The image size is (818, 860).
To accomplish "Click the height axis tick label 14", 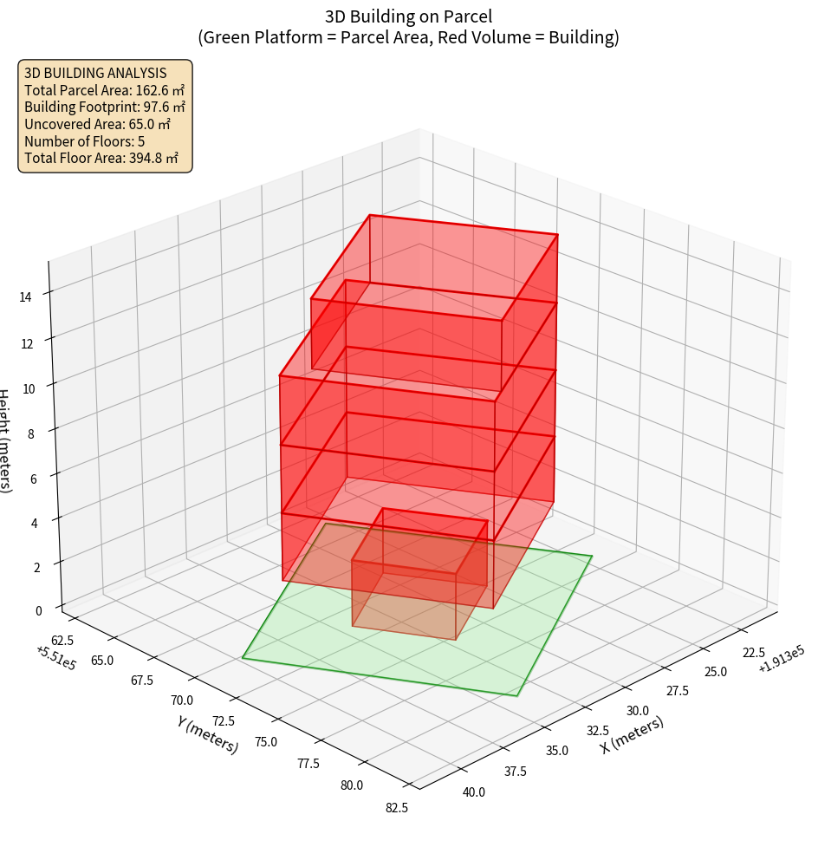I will pos(26,296).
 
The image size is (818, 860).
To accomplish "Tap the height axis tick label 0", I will pos(38,610).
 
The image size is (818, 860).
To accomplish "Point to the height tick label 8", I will pos(30,432).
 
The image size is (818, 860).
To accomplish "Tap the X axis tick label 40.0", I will pos(473,792).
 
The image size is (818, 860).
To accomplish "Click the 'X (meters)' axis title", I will pos(632,734).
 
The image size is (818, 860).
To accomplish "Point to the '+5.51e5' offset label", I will pos(56,658).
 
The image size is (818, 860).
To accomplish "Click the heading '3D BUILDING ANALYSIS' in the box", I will pos(95,73).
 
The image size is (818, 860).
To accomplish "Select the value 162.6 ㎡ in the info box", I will pos(160,89).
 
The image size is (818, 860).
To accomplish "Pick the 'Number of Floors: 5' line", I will pos(84,141).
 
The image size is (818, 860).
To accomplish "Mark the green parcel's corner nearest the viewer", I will pos(517,695).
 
